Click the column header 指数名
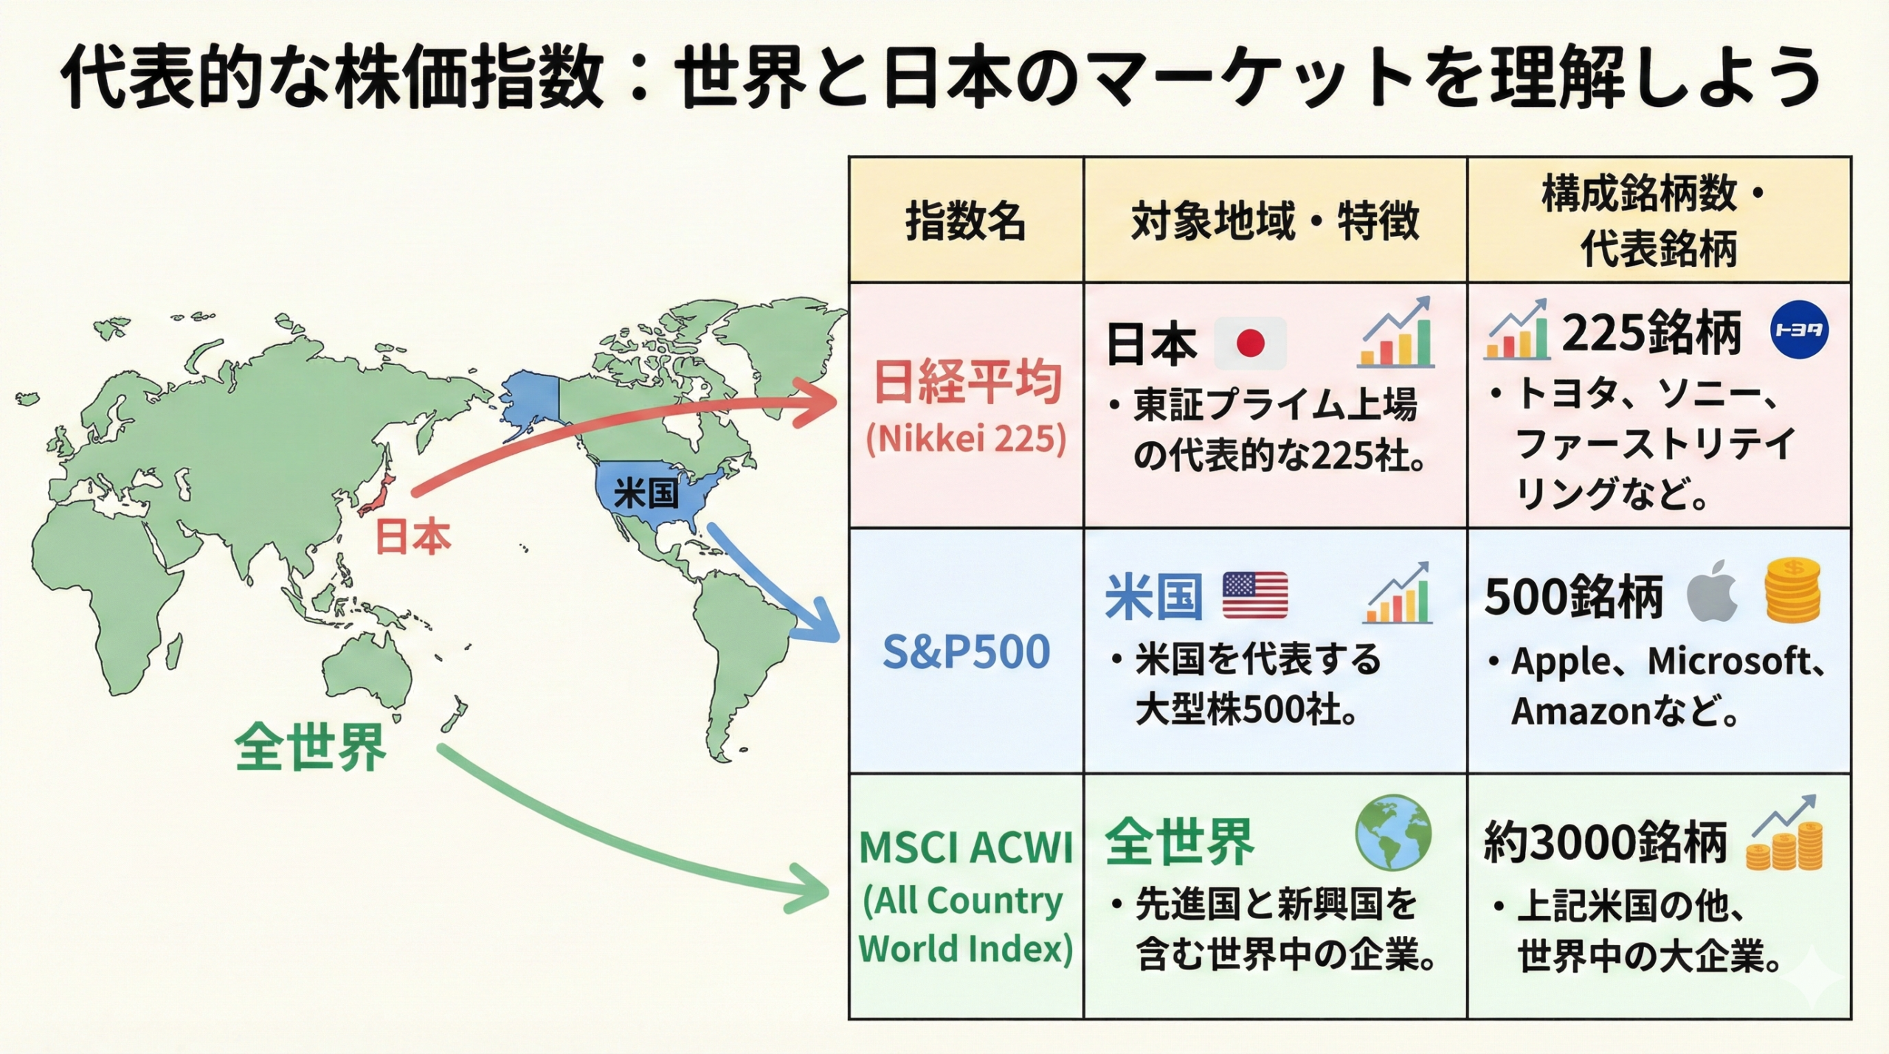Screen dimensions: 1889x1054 click(x=965, y=221)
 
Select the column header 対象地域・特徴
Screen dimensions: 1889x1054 click(x=1274, y=221)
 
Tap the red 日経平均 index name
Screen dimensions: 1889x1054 click(x=967, y=382)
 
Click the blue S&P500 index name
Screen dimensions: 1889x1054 click(x=966, y=651)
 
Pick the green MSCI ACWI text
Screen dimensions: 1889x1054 click(x=966, y=847)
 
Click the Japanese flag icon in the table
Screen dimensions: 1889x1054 click(x=1250, y=343)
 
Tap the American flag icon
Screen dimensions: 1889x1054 click(x=1255, y=595)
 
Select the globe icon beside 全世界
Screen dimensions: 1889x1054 click(x=1393, y=833)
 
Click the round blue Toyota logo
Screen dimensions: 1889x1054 click(x=1800, y=330)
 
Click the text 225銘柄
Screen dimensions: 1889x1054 click(x=1651, y=334)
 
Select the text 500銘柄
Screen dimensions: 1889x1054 click(x=1573, y=596)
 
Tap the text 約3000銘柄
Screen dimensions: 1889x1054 click(x=1605, y=842)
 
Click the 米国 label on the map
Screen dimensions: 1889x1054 click(x=646, y=493)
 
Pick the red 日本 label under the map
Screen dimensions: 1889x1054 click(x=412, y=536)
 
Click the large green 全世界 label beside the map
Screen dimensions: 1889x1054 click(x=311, y=747)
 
